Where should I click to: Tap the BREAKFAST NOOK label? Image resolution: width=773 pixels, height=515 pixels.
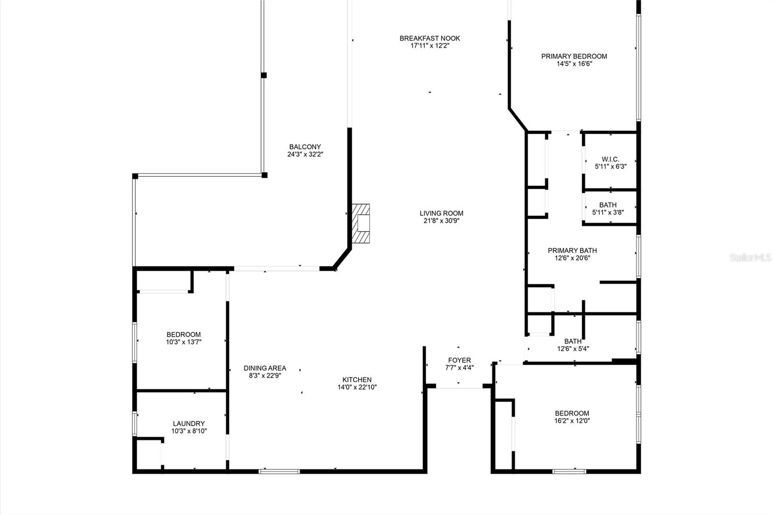click(429, 38)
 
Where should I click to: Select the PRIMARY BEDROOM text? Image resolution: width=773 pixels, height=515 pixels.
click(574, 56)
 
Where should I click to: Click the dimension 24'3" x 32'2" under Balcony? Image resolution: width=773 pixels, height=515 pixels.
click(305, 155)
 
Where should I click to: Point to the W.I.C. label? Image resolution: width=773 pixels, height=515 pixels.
click(610, 159)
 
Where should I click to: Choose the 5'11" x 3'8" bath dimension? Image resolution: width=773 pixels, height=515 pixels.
click(608, 212)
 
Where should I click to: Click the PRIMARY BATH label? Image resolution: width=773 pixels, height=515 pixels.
click(572, 250)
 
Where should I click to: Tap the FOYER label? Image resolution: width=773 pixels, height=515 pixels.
click(459, 360)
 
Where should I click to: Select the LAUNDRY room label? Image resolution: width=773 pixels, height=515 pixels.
click(189, 423)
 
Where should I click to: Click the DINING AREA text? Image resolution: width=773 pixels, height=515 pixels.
click(265, 368)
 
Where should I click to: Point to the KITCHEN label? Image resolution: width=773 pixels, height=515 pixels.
click(357, 379)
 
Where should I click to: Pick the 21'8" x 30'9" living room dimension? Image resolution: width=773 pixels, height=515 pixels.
click(441, 221)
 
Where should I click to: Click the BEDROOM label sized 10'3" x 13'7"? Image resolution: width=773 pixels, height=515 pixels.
click(184, 334)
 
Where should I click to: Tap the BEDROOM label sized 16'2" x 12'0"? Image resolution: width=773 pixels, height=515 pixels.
click(572, 413)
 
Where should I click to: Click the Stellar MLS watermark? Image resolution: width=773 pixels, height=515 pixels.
click(750, 258)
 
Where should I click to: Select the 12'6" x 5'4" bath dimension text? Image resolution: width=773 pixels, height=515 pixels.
click(573, 349)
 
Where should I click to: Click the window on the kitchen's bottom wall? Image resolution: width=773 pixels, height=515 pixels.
click(279, 471)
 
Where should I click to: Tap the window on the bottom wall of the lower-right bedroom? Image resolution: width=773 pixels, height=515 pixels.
click(569, 471)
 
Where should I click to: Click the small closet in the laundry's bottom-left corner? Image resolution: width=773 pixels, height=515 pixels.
click(149, 453)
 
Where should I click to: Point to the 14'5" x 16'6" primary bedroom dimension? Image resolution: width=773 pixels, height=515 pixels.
click(574, 64)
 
